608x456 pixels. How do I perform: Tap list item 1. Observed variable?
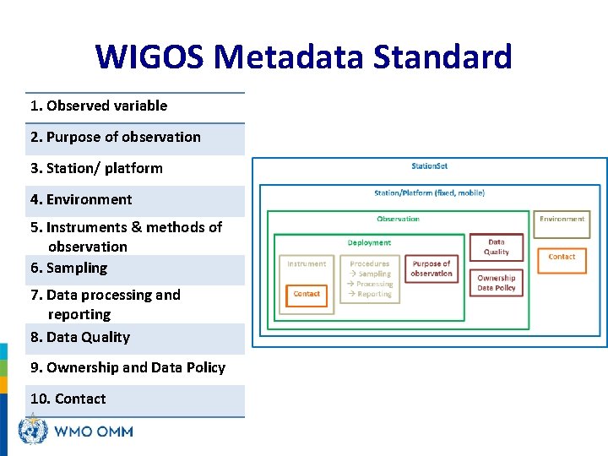[99, 106]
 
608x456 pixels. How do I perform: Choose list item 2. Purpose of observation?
[116, 137]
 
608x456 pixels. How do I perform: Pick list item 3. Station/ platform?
[96, 168]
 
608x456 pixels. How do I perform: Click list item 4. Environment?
[81, 199]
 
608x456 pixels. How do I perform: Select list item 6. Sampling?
[69, 268]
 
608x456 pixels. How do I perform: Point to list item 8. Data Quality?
[80, 337]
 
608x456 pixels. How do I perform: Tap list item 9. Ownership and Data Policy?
[128, 367]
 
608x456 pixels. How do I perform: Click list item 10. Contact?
[68, 399]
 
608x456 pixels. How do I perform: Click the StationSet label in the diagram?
[429, 166]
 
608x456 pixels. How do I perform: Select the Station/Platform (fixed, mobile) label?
[429, 193]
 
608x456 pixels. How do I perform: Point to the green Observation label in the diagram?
[398, 220]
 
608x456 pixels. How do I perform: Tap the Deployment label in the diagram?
[369, 243]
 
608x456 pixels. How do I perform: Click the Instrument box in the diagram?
[307, 264]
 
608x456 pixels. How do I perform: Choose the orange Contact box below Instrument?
[307, 294]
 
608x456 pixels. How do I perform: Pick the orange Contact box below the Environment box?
[562, 257]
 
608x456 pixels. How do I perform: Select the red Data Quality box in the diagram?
[497, 247]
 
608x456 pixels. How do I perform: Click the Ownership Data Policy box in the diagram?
[497, 283]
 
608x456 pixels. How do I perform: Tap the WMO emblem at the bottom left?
[32, 432]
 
